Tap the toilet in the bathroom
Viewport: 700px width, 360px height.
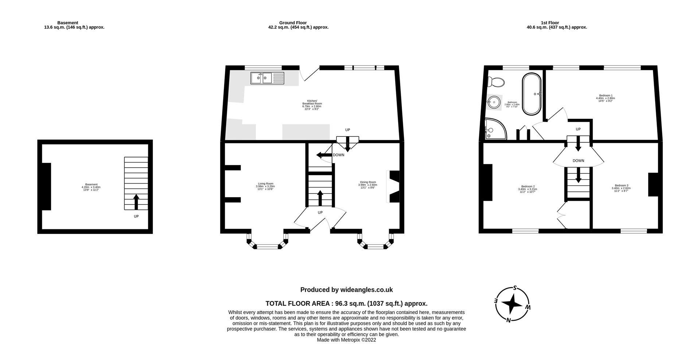pyautogui.click(x=497, y=82)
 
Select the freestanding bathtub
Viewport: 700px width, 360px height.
pyautogui.click(x=532, y=94)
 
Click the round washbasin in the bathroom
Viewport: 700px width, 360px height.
pyautogui.click(x=494, y=102)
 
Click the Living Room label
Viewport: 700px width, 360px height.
pyautogui.click(x=265, y=186)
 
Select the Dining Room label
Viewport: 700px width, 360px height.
pyautogui.click(x=367, y=185)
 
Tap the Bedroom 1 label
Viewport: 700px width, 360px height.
pyautogui.click(x=605, y=98)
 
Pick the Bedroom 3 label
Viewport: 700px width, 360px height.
pyautogui.click(x=621, y=188)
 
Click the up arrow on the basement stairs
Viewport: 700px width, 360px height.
pyautogui.click(x=136, y=201)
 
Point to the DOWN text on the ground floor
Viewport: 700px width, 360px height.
pyautogui.click(x=338, y=155)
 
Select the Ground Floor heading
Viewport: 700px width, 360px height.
pyautogui.click(x=293, y=23)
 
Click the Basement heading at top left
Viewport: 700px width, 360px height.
pyautogui.click(x=68, y=23)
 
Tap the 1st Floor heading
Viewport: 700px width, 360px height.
pyautogui.click(x=550, y=23)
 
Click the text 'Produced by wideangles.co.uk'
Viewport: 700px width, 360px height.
pyautogui.click(x=346, y=290)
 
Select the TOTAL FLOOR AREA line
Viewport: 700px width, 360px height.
pyautogui.click(x=346, y=303)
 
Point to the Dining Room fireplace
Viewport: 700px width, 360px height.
pyautogui.click(x=394, y=186)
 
